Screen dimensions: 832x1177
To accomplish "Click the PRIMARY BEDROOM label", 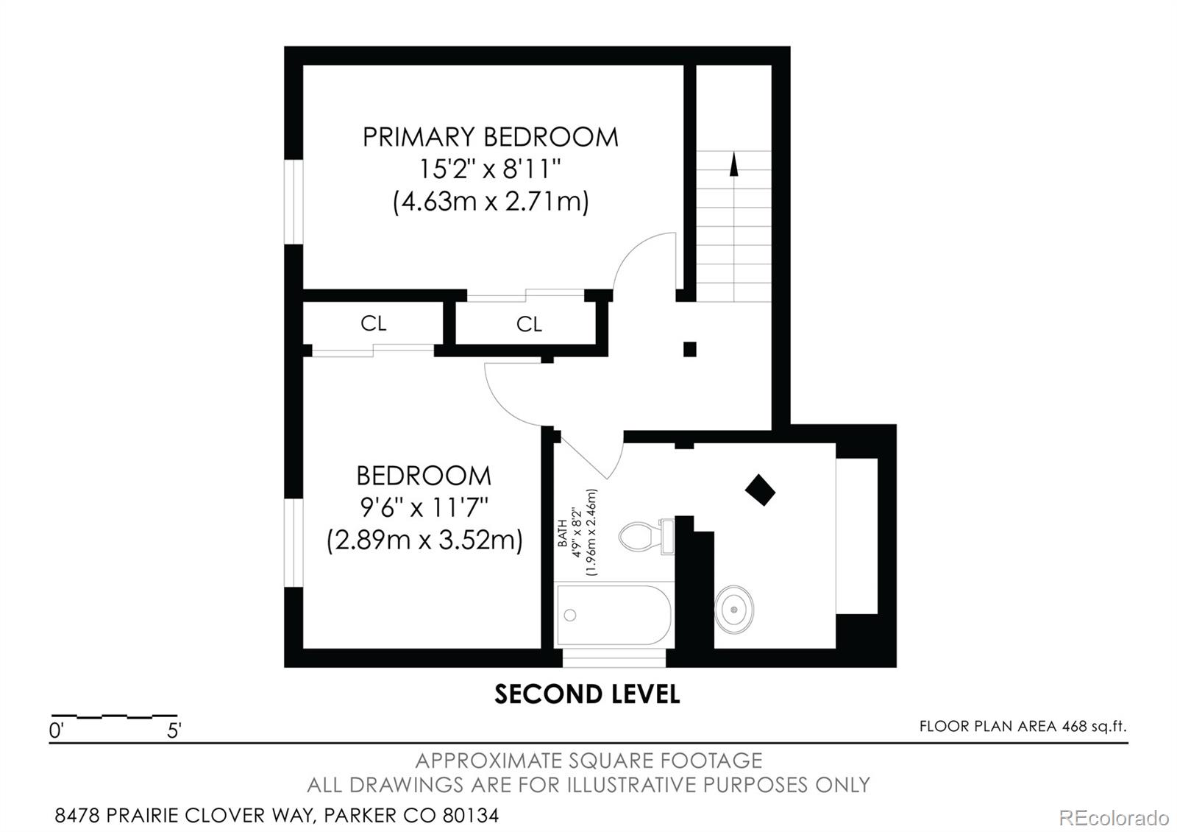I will (490, 138).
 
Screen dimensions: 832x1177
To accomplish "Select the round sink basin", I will (733, 610).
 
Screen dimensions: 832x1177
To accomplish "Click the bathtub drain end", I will (570, 615).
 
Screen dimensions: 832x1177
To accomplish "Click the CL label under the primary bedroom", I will (529, 324).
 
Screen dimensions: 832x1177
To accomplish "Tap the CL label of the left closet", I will (373, 323).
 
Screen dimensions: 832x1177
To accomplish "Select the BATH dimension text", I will (577, 532).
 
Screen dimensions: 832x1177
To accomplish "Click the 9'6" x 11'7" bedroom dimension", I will (424, 507).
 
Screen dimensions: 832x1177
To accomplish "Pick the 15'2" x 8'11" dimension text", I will (490, 170).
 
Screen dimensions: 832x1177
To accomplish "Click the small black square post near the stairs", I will (689, 349).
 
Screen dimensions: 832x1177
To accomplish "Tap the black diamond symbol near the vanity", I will (760, 490).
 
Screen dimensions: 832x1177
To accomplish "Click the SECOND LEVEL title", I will (586, 694).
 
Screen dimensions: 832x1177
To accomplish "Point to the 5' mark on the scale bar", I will (174, 730).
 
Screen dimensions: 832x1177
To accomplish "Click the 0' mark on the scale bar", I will (56, 730).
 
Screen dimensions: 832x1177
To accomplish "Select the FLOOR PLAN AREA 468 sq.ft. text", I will (1022, 727).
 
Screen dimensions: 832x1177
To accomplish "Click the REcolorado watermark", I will (1113, 817).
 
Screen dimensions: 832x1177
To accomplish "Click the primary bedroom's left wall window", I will (294, 201).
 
